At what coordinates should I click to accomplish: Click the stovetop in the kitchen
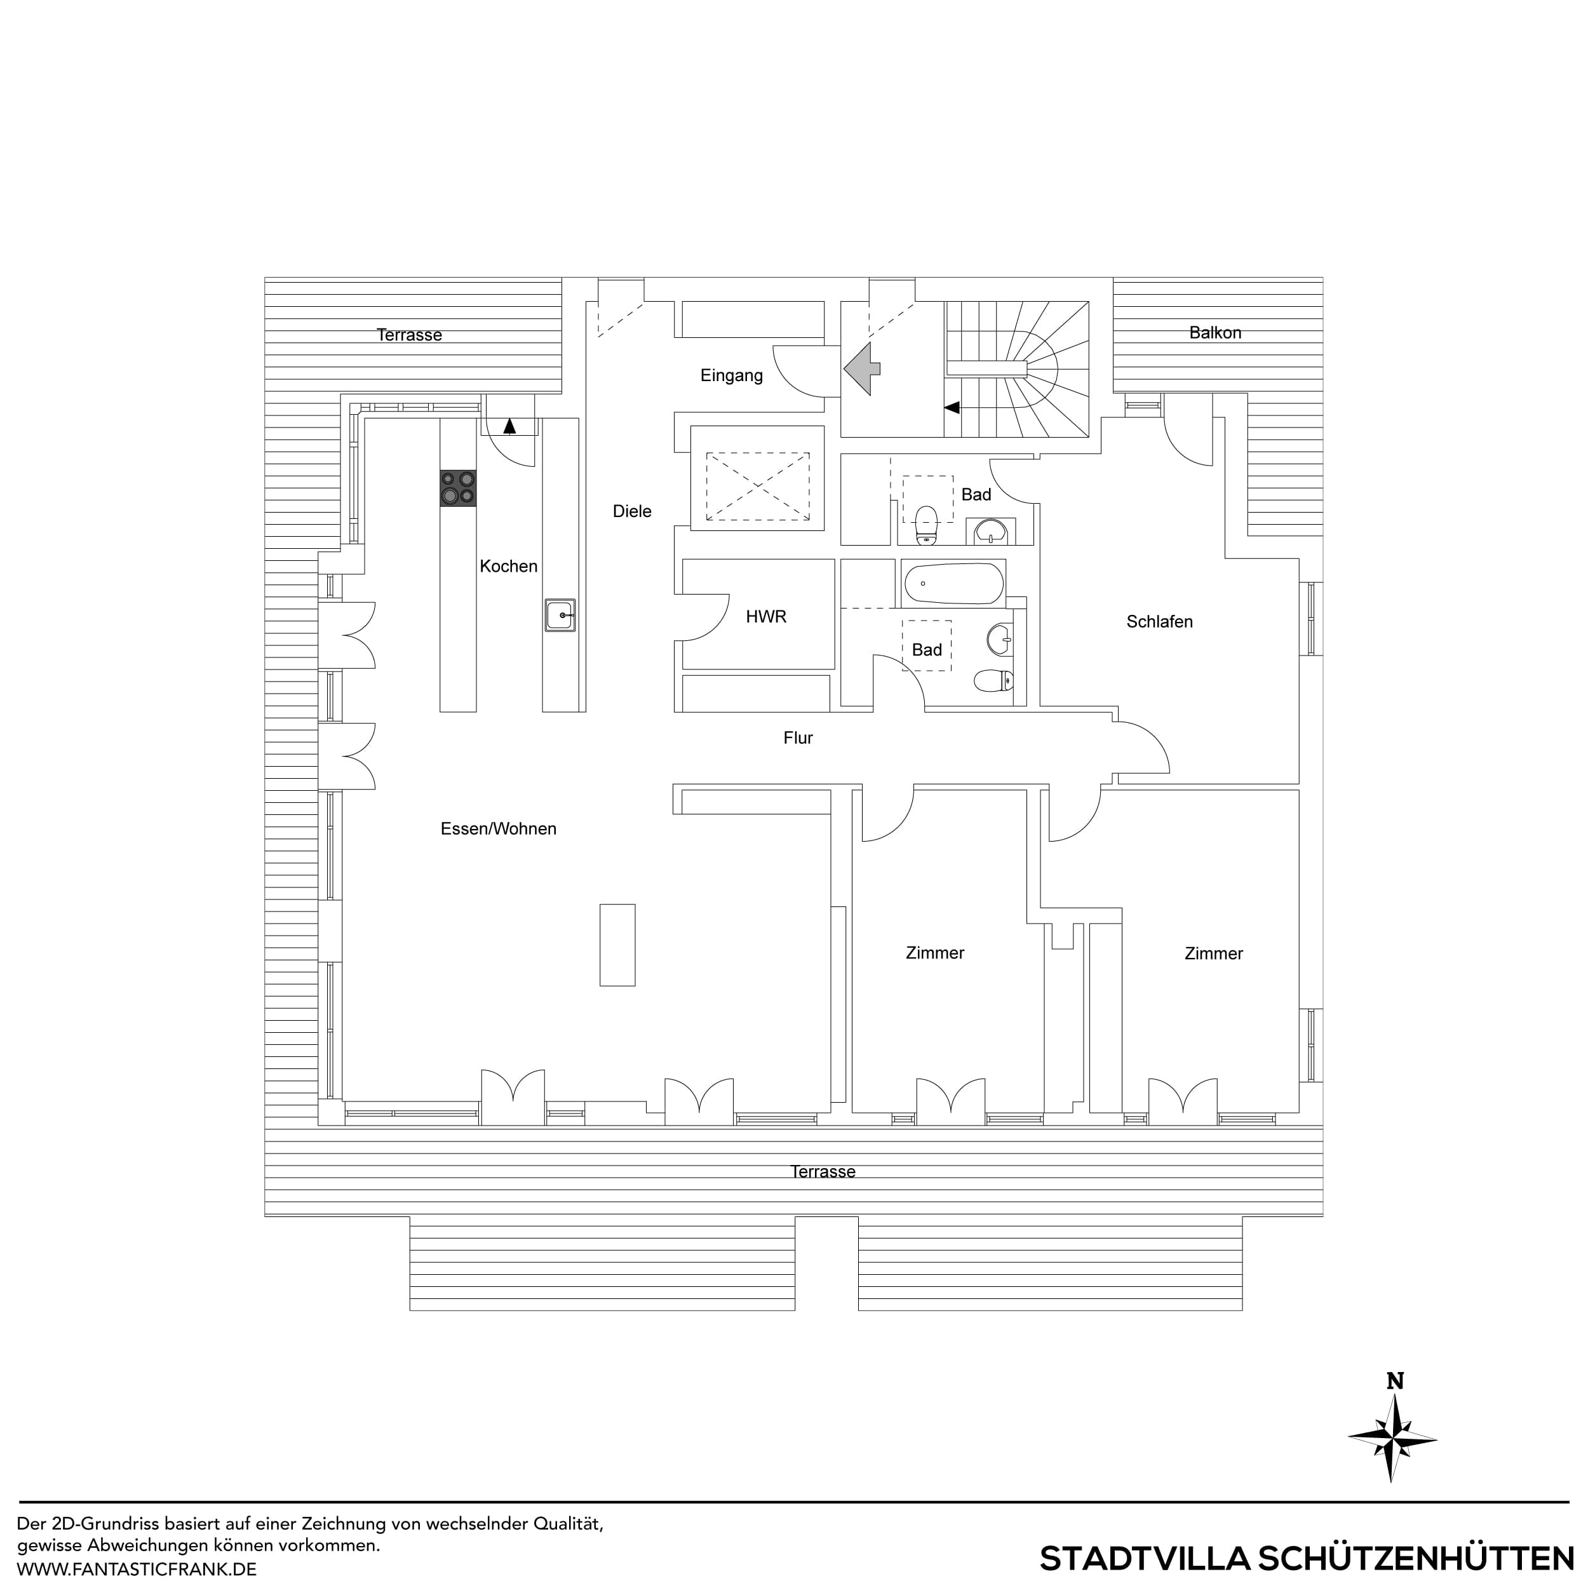[x=458, y=487]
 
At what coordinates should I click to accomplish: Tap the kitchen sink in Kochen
[x=560, y=615]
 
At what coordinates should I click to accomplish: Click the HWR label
[x=765, y=616]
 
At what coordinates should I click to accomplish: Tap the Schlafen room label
[x=1159, y=622]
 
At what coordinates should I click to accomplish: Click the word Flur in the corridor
[x=797, y=738]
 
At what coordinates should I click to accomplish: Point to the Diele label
[x=631, y=511]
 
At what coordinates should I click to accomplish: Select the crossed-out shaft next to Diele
[x=757, y=486]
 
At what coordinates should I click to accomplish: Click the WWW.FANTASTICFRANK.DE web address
[x=137, y=1568]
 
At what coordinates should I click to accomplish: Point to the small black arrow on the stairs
[x=951, y=407]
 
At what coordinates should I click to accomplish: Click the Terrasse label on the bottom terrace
[x=822, y=1171]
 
